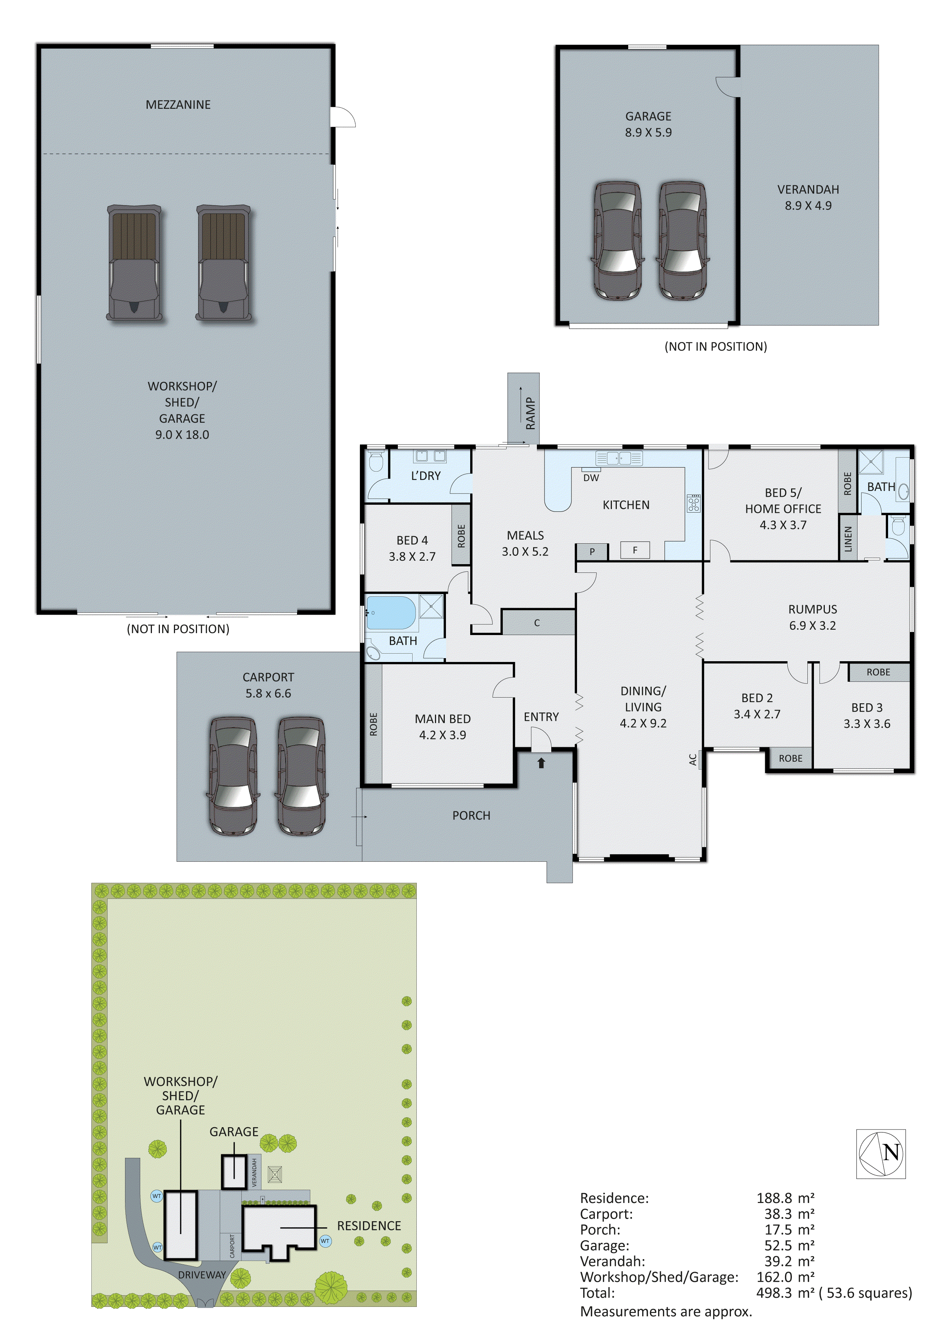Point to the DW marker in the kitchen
pyautogui.click(x=591, y=478)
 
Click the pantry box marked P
pyautogui.click(x=592, y=552)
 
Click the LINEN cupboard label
pyautogui.click(x=848, y=539)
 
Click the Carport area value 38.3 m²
pyautogui.click(x=789, y=1214)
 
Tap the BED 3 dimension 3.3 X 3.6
pyautogui.click(x=866, y=723)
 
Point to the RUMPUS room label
pyautogui.click(x=812, y=609)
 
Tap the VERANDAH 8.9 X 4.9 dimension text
pyautogui.click(x=808, y=205)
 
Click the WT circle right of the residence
pyautogui.click(x=325, y=1241)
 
